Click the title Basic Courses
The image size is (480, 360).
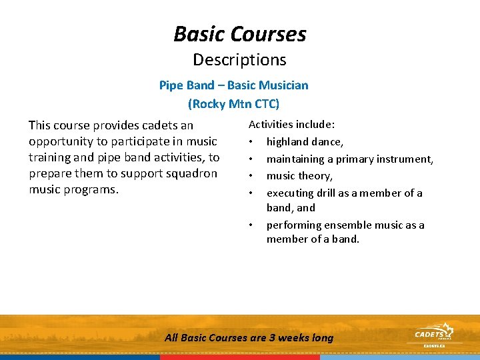point(240,33)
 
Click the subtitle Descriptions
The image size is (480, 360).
point(240,59)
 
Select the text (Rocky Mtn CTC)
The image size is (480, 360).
point(233,104)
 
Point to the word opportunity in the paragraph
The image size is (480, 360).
point(60,141)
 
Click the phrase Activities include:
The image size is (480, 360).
point(292,124)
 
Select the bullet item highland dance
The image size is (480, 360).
point(305,141)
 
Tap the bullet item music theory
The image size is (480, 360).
point(299,176)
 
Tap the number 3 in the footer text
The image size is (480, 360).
point(272,338)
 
